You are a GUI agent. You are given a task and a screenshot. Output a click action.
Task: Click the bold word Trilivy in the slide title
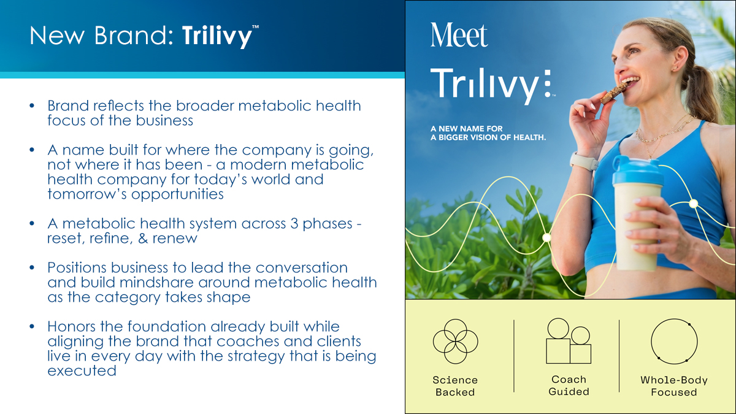(x=217, y=36)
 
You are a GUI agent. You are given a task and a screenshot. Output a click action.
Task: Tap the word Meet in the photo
(x=459, y=36)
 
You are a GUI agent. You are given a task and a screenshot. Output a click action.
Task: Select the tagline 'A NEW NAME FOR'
(x=467, y=128)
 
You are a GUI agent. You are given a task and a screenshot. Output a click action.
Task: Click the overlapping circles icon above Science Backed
(x=455, y=342)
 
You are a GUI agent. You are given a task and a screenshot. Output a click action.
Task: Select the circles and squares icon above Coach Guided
(x=569, y=341)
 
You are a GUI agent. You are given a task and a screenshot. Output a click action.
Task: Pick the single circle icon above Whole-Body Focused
(x=674, y=342)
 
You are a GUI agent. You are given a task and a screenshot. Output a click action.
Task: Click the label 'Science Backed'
(x=455, y=386)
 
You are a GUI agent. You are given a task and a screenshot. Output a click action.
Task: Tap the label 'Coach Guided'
(x=569, y=385)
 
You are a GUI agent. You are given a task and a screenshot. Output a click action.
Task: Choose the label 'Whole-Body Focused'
(x=674, y=386)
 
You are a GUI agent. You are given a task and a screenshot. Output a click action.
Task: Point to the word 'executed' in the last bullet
(x=82, y=371)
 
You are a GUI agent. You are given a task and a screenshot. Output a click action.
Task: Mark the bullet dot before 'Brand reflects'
(x=32, y=105)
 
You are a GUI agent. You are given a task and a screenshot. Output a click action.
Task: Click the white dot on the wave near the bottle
(x=693, y=204)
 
